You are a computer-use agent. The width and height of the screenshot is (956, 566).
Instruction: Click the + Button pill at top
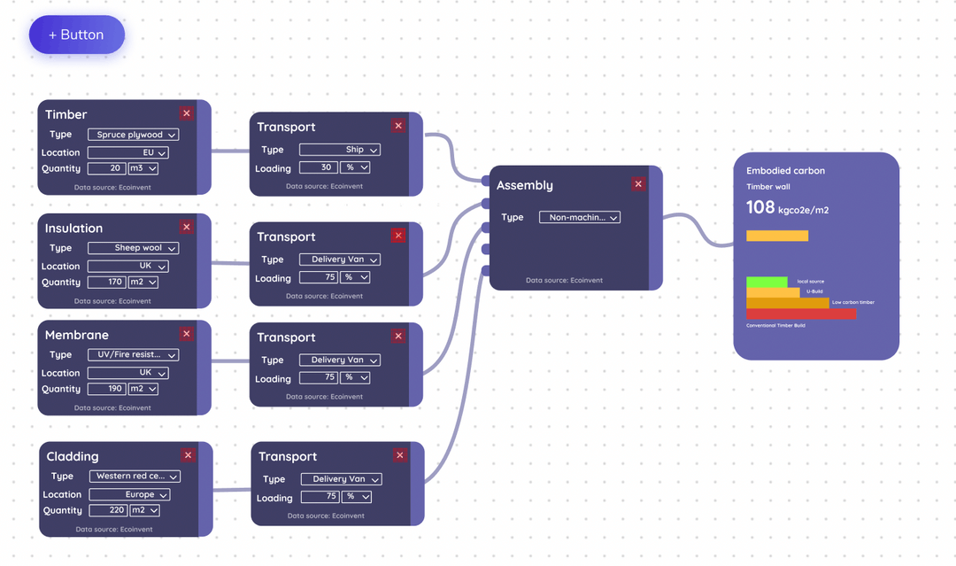(76, 35)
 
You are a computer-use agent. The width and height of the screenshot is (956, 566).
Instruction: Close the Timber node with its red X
(186, 113)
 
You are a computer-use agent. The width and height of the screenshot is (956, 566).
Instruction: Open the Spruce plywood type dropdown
(133, 135)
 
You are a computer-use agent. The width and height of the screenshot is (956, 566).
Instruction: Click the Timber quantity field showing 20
(106, 168)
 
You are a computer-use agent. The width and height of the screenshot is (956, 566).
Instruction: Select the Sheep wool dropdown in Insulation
(133, 248)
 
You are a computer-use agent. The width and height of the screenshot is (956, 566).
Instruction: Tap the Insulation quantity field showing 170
(106, 283)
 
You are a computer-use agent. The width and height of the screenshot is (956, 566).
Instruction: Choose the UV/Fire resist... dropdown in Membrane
(133, 354)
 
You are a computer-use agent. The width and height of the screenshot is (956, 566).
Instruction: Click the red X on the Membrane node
(186, 334)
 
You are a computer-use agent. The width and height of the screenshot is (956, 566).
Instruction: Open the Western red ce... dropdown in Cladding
(135, 477)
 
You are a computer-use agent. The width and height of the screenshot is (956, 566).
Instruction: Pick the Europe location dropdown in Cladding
(129, 494)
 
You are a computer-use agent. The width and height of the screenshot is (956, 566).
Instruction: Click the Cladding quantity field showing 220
(108, 510)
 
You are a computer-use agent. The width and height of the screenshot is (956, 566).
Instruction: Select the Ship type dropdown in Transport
(340, 150)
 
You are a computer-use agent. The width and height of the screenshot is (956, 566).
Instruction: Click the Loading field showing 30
(317, 167)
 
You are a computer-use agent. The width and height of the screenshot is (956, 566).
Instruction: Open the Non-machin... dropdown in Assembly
(580, 217)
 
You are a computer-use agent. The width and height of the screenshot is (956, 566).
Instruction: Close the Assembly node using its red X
(638, 184)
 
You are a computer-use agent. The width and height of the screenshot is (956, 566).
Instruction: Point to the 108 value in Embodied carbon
(760, 207)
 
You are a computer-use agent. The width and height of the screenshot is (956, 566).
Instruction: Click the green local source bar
(767, 282)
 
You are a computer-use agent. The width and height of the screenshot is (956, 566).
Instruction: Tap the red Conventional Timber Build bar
(801, 314)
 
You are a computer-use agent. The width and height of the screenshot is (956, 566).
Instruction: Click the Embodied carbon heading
(785, 171)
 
